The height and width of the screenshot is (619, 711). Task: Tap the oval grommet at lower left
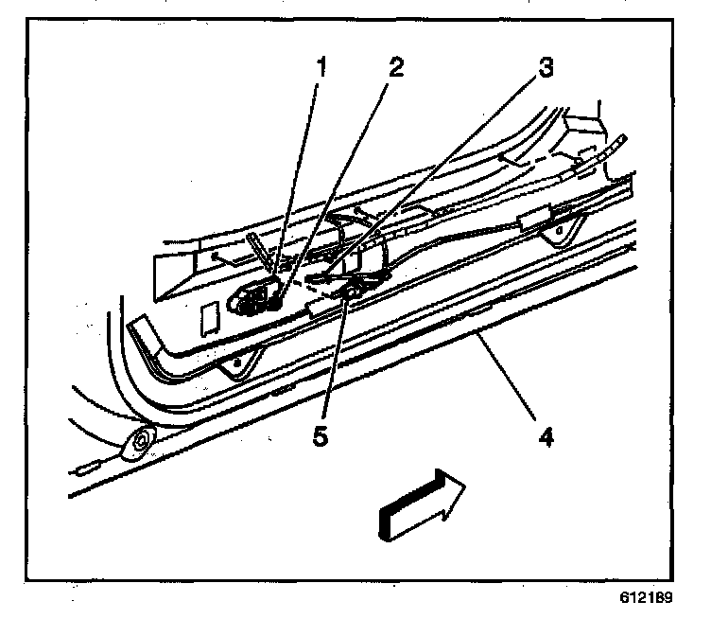tap(141, 441)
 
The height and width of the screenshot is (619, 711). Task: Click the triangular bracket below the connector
tap(233, 362)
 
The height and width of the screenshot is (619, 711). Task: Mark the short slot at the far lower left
tap(86, 467)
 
